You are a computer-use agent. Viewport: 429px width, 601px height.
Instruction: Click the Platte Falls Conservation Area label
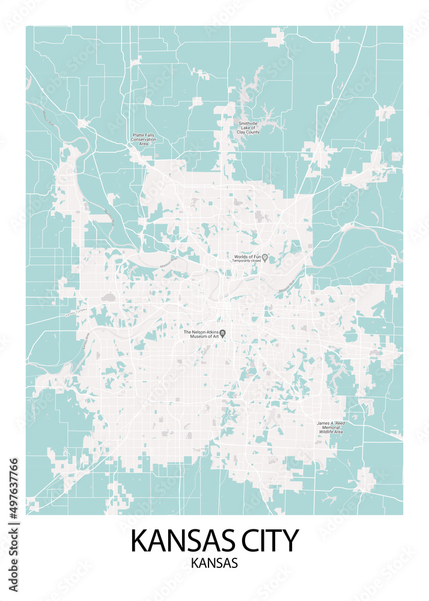144,139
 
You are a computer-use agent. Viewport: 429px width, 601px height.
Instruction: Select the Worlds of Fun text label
246,257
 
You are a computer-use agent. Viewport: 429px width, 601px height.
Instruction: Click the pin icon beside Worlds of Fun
265,258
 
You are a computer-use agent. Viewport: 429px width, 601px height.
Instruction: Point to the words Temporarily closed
246,261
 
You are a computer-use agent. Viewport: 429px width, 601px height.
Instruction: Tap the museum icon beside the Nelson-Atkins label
223,334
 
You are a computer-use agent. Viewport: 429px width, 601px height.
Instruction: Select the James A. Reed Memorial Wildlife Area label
330,427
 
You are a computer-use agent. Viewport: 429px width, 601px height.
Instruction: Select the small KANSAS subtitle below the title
214,564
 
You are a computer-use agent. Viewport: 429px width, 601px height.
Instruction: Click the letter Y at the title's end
290,540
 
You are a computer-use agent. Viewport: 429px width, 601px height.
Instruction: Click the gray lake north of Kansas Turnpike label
108,297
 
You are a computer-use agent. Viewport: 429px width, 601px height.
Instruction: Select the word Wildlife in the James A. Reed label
326,432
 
